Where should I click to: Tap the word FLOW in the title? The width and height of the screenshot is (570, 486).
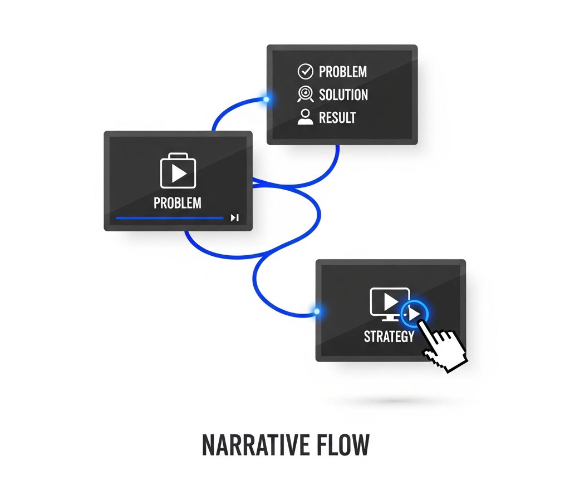pyautogui.click(x=343, y=445)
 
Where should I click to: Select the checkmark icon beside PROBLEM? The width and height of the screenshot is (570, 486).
pyautogui.click(x=306, y=72)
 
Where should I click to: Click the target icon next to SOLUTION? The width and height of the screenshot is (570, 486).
pyautogui.click(x=306, y=94)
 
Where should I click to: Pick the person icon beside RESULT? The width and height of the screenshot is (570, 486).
pyautogui.click(x=306, y=117)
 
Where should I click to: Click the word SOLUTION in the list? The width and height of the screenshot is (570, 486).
pyautogui.click(x=343, y=95)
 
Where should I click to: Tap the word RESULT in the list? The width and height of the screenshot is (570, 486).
pyautogui.click(x=337, y=118)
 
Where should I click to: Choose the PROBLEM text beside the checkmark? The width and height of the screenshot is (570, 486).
pyautogui.click(x=343, y=72)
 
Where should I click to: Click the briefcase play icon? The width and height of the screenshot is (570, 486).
pyautogui.click(x=178, y=171)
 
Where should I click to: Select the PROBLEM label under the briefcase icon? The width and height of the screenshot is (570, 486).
pyautogui.click(x=178, y=203)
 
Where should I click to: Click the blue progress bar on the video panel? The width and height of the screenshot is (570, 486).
pyautogui.click(x=169, y=218)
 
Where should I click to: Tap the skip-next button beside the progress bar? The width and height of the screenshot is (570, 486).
pyautogui.click(x=235, y=217)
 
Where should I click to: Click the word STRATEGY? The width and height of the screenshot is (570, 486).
pyautogui.click(x=389, y=337)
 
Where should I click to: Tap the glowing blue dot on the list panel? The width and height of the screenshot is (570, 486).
pyautogui.click(x=267, y=99)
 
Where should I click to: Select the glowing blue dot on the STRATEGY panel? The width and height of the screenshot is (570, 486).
pyautogui.click(x=317, y=311)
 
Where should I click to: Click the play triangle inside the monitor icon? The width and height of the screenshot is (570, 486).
pyautogui.click(x=390, y=301)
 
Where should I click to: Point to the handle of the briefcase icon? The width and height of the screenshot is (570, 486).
pyautogui.click(x=178, y=156)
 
